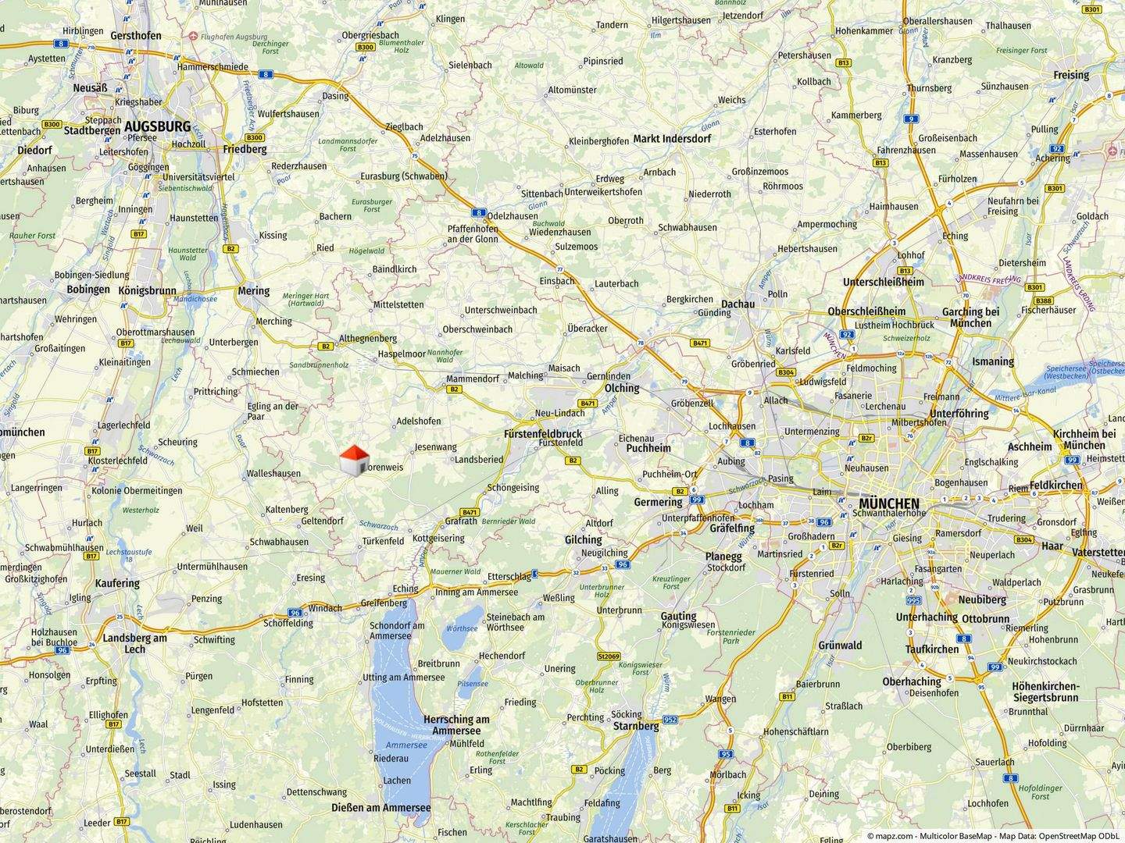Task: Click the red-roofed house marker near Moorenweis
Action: pos(355,460)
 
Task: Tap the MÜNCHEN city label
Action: pos(890,503)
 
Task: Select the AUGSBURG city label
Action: pos(157,126)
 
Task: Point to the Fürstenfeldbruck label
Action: pos(542,433)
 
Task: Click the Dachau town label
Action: pos(737,304)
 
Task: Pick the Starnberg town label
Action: pos(636,726)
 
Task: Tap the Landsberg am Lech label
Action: pos(134,643)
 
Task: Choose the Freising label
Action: pos(1070,75)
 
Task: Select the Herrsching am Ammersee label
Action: pos(456,724)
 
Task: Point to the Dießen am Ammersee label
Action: pos(381,808)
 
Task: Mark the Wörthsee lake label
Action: pos(462,628)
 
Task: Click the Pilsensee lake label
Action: pos(473,684)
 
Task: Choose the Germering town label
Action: pos(658,502)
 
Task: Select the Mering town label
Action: pos(253,291)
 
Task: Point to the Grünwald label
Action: pos(840,646)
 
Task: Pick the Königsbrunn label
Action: pos(147,290)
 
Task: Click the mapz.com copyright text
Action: pos(994,835)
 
